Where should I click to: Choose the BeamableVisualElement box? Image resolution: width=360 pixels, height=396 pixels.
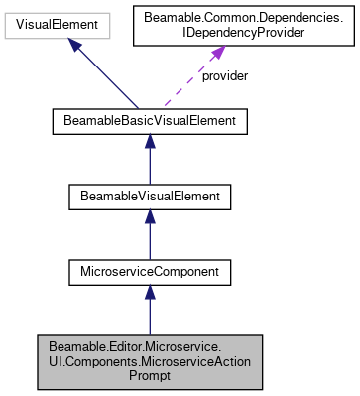pyautogui.click(x=149, y=197)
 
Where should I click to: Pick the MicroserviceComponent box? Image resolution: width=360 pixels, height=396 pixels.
pyautogui.click(x=149, y=270)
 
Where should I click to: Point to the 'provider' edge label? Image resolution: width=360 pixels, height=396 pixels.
pyautogui.click(x=224, y=75)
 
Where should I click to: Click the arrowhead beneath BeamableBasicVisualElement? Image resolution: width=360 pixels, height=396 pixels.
pyautogui.click(x=149, y=144)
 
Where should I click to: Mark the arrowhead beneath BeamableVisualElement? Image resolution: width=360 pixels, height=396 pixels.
pyautogui.click(x=149, y=217)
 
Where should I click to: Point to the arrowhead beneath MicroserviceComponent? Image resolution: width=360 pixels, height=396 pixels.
pyautogui.click(x=149, y=291)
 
